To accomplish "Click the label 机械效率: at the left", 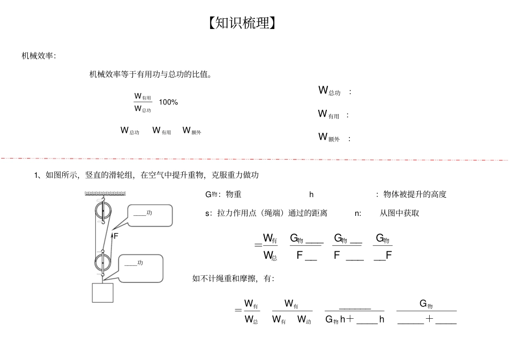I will click(x=39, y=56).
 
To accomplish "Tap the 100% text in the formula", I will click(x=168, y=102).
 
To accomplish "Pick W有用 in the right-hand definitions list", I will click(x=328, y=115).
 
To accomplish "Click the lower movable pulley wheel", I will click(x=102, y=262).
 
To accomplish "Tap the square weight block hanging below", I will click(x=103, y=292).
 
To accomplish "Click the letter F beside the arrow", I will click(x=116, y=236).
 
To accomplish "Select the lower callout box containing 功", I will click(x=140, y=266).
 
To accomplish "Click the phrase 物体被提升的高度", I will click(x=415, y=194).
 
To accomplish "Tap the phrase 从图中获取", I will click(x=399, y=213).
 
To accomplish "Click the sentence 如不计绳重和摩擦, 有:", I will click(x=233, y=278).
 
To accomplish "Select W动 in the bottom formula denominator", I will click(x=304, y=320).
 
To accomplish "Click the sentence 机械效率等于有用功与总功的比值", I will click(x=150, y=74).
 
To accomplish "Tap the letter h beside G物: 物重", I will click(x=311, y=194).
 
